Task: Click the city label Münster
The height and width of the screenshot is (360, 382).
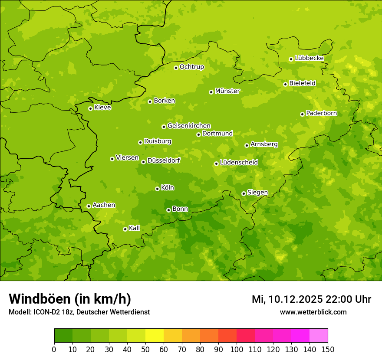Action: click(227, 91)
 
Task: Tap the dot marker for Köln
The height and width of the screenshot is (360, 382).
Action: click(157, 189)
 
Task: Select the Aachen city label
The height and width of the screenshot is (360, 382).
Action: click(104, 205)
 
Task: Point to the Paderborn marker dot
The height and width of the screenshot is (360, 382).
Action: click(302, 114)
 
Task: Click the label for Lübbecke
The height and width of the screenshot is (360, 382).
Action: click(309, 58)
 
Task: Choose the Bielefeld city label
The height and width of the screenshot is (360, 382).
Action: click(302, 83)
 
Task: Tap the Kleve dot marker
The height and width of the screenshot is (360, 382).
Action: click(90, 108)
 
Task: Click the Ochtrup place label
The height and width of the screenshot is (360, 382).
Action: click(191, 67)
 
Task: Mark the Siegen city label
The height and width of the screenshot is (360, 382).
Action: click(257, 193)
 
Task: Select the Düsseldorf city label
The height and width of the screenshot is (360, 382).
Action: click(164, 160)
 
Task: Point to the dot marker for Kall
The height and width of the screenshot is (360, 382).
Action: click(125, 229)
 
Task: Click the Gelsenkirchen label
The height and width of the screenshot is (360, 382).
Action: click(189, 126)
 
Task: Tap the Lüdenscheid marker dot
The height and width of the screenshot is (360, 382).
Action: click(216, 164)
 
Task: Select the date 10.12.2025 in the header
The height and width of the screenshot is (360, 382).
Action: click(295, 299)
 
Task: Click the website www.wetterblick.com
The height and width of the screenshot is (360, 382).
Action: click(313, 312)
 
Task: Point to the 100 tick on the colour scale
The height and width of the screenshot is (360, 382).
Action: click(237, 349)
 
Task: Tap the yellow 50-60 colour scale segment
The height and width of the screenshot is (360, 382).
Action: click(154, 336)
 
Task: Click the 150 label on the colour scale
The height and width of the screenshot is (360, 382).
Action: click(328, 349)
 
